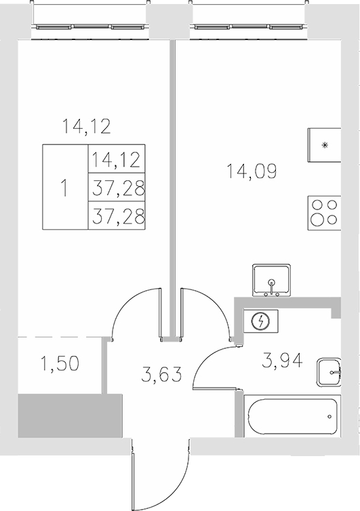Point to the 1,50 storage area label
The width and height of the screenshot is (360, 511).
(x=60, y=363)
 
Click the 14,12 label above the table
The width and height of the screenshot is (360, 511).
(x=85, y=125)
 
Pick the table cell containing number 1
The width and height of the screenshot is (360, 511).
(x=65, y=188)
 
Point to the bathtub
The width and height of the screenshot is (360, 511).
(x=289, y=416)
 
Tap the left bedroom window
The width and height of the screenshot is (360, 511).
(x=91, y=28)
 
